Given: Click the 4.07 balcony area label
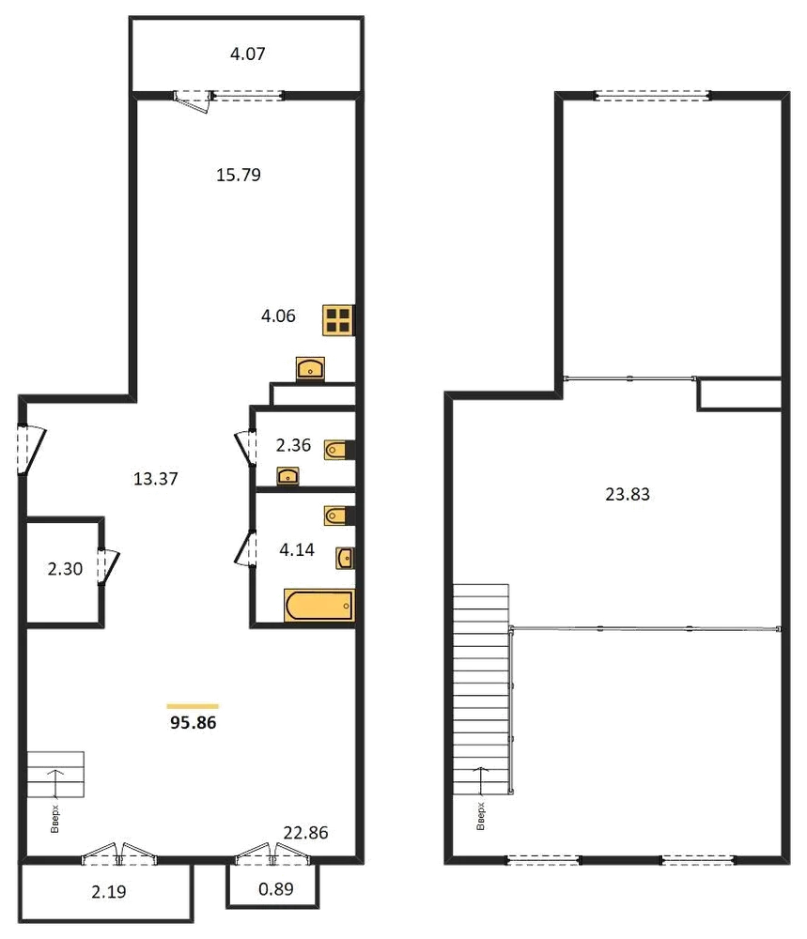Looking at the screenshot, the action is click(247, 54).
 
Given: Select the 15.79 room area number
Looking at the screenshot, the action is click(239, 175).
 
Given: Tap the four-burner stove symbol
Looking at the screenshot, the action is click(338, 320).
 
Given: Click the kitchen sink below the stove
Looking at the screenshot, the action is click(310, 368).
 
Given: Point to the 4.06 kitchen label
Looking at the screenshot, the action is click(279, 316).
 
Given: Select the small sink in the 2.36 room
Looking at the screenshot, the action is click(287, 476).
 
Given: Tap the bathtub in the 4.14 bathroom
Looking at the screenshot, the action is click(319, 605).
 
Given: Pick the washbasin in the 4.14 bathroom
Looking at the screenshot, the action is click(345, 558).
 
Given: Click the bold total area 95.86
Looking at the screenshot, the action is click(193, 723).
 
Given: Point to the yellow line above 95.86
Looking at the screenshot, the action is click(193, 707).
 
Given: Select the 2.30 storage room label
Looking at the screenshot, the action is click(65, 569).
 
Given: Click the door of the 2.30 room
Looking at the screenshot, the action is click(108, 566).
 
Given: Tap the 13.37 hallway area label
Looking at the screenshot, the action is click(156, 479).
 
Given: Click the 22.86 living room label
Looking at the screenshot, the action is click(305, 833).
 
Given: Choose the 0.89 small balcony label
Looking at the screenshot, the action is click(276, 888).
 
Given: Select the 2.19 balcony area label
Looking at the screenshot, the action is click(109, 892).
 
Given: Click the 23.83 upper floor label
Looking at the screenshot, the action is click(628, 494).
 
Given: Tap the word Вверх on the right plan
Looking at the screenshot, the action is click(480, 816).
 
